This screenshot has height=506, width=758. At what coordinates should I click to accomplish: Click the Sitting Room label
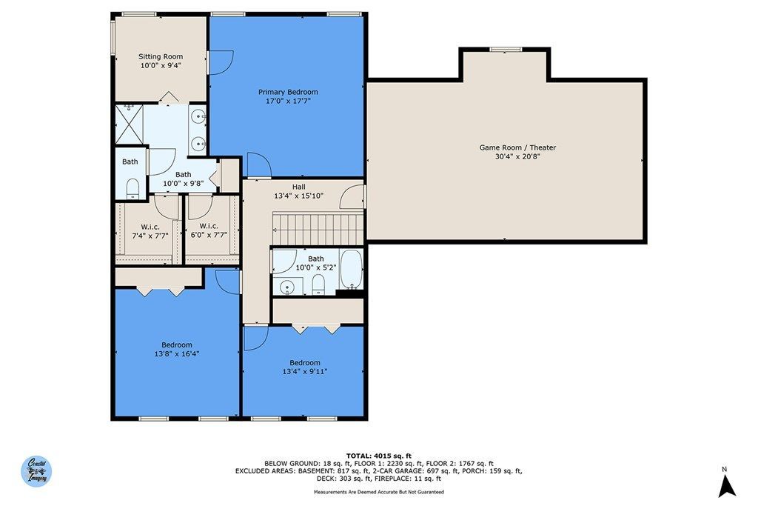coord(161,56)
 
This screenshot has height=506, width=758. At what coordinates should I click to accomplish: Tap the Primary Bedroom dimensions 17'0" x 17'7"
coord(288,101)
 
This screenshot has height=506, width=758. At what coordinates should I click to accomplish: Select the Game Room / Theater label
coord(517,147)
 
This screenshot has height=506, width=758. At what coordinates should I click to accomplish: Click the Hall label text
coord(299,187)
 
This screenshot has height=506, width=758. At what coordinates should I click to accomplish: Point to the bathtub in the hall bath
coord(352,269)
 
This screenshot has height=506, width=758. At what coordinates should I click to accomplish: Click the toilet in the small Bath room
coord(133,188)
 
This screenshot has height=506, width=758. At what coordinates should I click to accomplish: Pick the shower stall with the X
coord(130,124)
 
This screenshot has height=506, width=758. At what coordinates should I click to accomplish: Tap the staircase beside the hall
coord(318,229)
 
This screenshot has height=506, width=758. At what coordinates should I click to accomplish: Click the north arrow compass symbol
coord(727,485)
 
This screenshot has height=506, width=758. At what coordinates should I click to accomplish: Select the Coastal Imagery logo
coord(36,470)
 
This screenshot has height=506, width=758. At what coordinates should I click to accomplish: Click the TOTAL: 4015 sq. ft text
coord(378,456)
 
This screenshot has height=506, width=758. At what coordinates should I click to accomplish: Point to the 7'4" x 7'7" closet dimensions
coord(150,236)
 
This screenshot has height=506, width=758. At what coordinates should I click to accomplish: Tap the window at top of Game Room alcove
coord(506,50)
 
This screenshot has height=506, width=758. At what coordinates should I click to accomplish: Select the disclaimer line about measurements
coord(379,492)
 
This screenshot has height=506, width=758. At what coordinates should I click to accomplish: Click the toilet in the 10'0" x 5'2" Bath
coord(318,284)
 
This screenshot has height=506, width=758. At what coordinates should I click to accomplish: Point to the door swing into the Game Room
coord(352,197)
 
